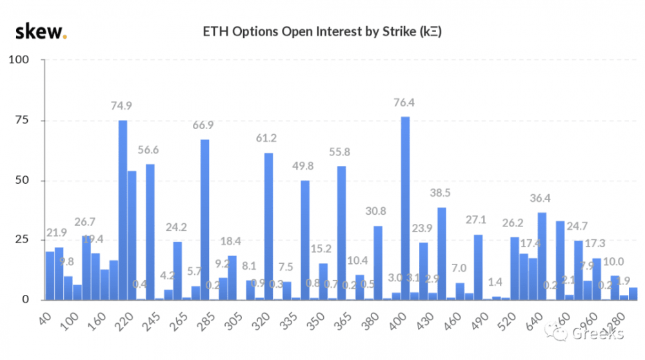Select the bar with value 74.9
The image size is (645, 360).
click(x=123, y=210)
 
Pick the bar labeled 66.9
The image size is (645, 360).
click(x=204, y=219)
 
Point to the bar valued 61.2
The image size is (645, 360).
click(x=268, y=226)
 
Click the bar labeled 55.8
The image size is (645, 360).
click(x=341, y=232)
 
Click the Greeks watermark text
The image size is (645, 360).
click(x=597, y=334)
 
